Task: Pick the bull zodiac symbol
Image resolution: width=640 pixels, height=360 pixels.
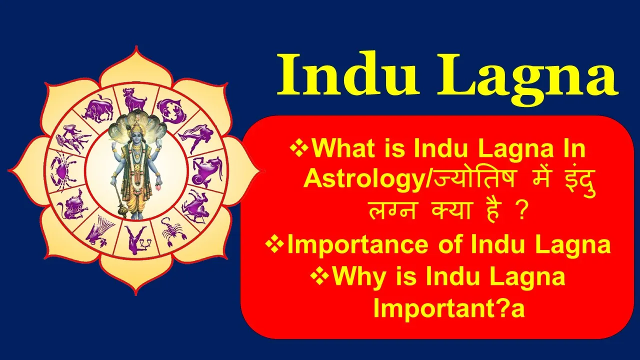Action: (x=97, y=109)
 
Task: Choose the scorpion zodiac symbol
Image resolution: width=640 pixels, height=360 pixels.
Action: (x=171, y=231)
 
